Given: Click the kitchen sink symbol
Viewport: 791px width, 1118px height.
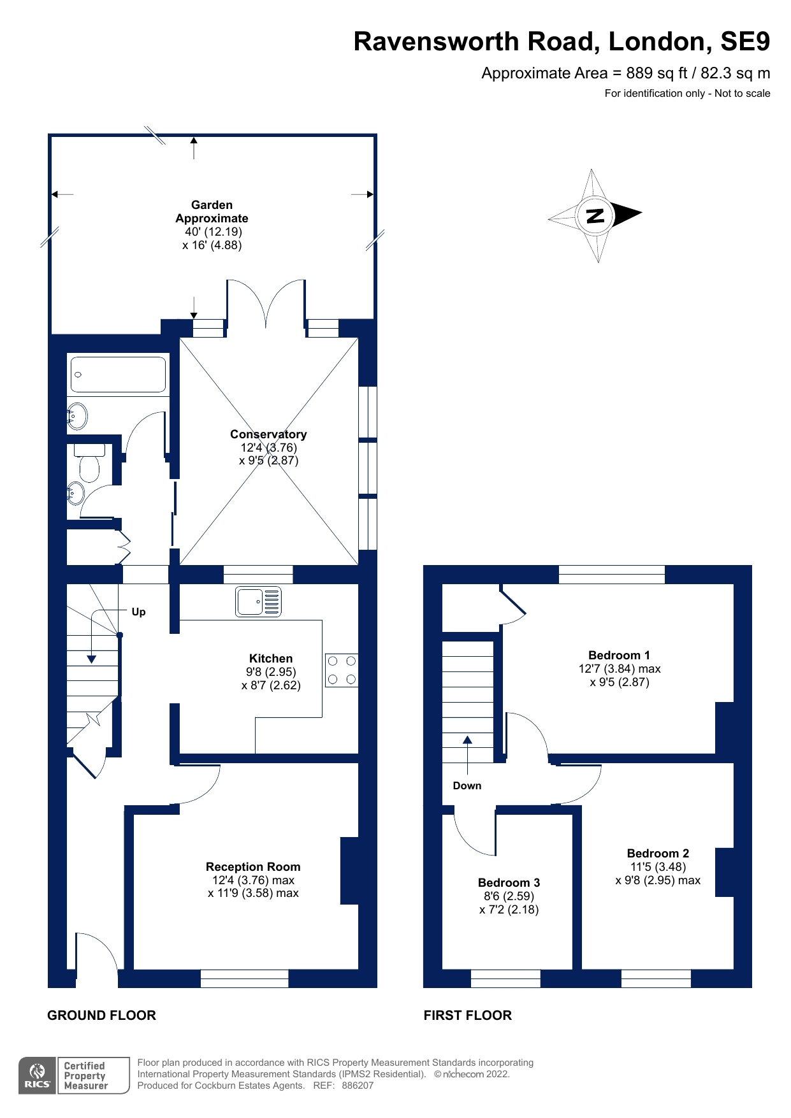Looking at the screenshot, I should tap(258, 601).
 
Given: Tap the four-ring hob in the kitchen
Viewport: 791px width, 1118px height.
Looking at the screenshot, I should tap(342, 670).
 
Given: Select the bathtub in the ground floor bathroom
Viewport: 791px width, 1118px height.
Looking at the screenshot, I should tap(119, 374).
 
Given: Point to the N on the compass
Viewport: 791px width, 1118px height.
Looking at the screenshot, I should tap(595, 215).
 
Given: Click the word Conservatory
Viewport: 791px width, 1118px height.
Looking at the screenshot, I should tap(268, 434).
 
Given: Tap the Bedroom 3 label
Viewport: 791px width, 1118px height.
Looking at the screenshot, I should tap(509, 882).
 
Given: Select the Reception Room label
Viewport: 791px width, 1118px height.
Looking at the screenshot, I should tap(253, 866).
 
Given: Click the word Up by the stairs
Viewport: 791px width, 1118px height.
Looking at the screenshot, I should tap(138, 612).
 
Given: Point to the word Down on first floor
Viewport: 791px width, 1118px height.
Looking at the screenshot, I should tap(467, 785).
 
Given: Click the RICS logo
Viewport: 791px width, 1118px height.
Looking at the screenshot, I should tap(37, 1075).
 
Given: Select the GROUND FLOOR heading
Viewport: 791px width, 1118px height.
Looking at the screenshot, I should tap(101, 1015).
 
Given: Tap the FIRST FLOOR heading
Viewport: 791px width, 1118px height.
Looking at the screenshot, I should tap(467, 1015).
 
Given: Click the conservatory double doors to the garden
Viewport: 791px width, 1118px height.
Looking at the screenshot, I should tap(266, 303).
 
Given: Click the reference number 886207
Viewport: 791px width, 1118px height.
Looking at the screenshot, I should tap(358, 1086).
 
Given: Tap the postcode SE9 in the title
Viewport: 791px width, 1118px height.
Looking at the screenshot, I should tap(744, 41).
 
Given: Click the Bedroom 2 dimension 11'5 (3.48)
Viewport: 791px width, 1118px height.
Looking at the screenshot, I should tap(658, 866).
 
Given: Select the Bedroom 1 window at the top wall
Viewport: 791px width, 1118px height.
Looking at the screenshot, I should tap(611, 574).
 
